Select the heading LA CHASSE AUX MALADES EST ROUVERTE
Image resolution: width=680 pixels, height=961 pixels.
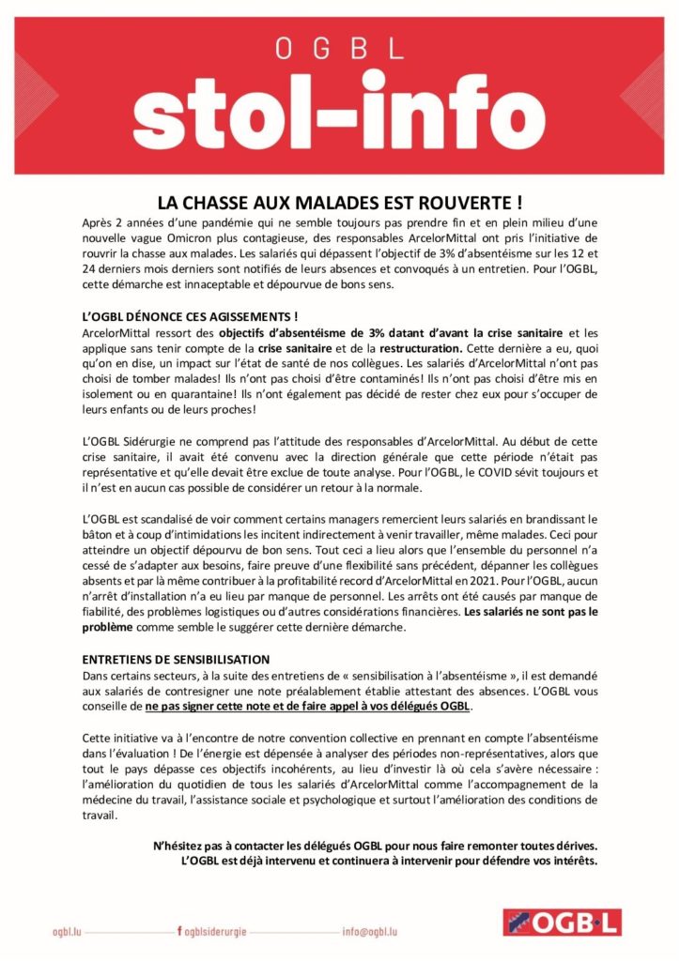pyautogui.click(x=339, y=202)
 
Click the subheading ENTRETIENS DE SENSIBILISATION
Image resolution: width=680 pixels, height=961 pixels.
pyautogui.click(x=177, y=660)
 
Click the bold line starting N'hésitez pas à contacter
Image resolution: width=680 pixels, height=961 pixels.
pyautogui.click(x=376, y=845)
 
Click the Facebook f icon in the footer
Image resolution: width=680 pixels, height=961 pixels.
pyautogui.click(x=178, y=932)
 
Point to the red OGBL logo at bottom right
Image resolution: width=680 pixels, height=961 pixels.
pyautogui.click(x=559, y=923)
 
